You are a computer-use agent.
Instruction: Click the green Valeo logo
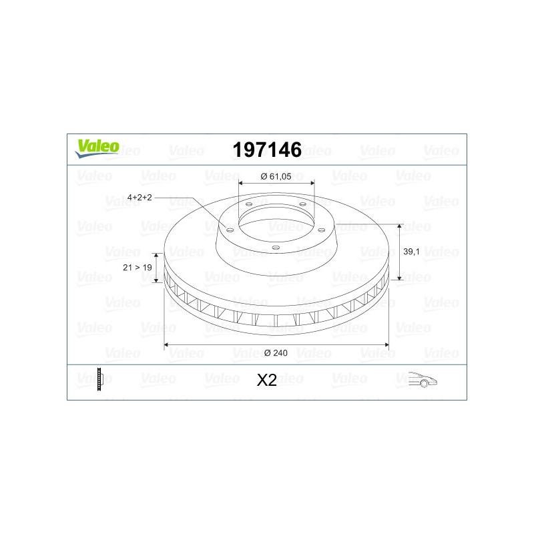[97, 148]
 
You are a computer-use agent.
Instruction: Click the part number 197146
[267, 150]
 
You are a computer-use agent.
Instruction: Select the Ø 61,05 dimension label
[276, 176]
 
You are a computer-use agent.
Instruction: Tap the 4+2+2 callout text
[140, 197]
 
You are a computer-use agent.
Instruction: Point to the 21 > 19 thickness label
[138, 268]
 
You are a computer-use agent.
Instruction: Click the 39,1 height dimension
[411, 252]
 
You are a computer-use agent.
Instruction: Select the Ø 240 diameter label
[276, 353]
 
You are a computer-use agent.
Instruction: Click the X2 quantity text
[266, 380]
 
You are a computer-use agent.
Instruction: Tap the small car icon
[423, 379]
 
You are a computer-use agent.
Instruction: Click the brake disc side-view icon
[100, 379]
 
